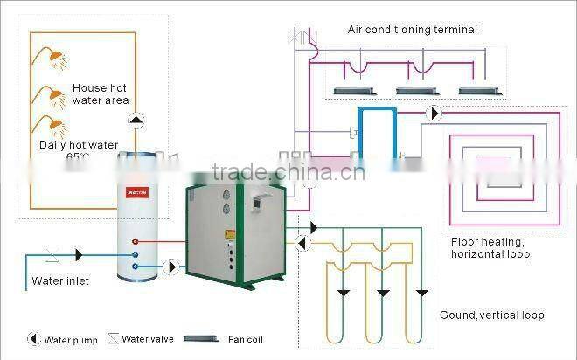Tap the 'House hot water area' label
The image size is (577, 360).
pyautogui.click(x=100, y=95)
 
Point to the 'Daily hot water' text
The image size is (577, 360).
pyautogui.click(x=79, y=145)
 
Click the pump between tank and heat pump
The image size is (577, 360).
pyautogui.click(x=172, y=264)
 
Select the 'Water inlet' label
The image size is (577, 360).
pyautogui.click(x=60, y=281)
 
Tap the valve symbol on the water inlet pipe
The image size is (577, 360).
pyautogui.click(x=51, y=255)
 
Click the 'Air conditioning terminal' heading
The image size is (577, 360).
pyautogui.click(x=413, y=30)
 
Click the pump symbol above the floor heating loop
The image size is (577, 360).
pyautogui.click(x=434, y=114)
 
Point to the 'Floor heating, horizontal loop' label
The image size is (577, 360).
pyautogui.click(x=490, y=248)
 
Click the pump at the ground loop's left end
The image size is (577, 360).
pyautogui.click(x=302, y=241)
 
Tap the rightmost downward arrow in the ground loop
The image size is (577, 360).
pyautogui.click(x=421, y=292)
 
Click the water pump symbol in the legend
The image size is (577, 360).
pyautogui.click(x=33, y=338)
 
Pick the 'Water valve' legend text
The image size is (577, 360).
pyautogui.click(x=148, y=338)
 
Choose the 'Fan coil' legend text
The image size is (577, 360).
pyautogui.click(x=244, y=339)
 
